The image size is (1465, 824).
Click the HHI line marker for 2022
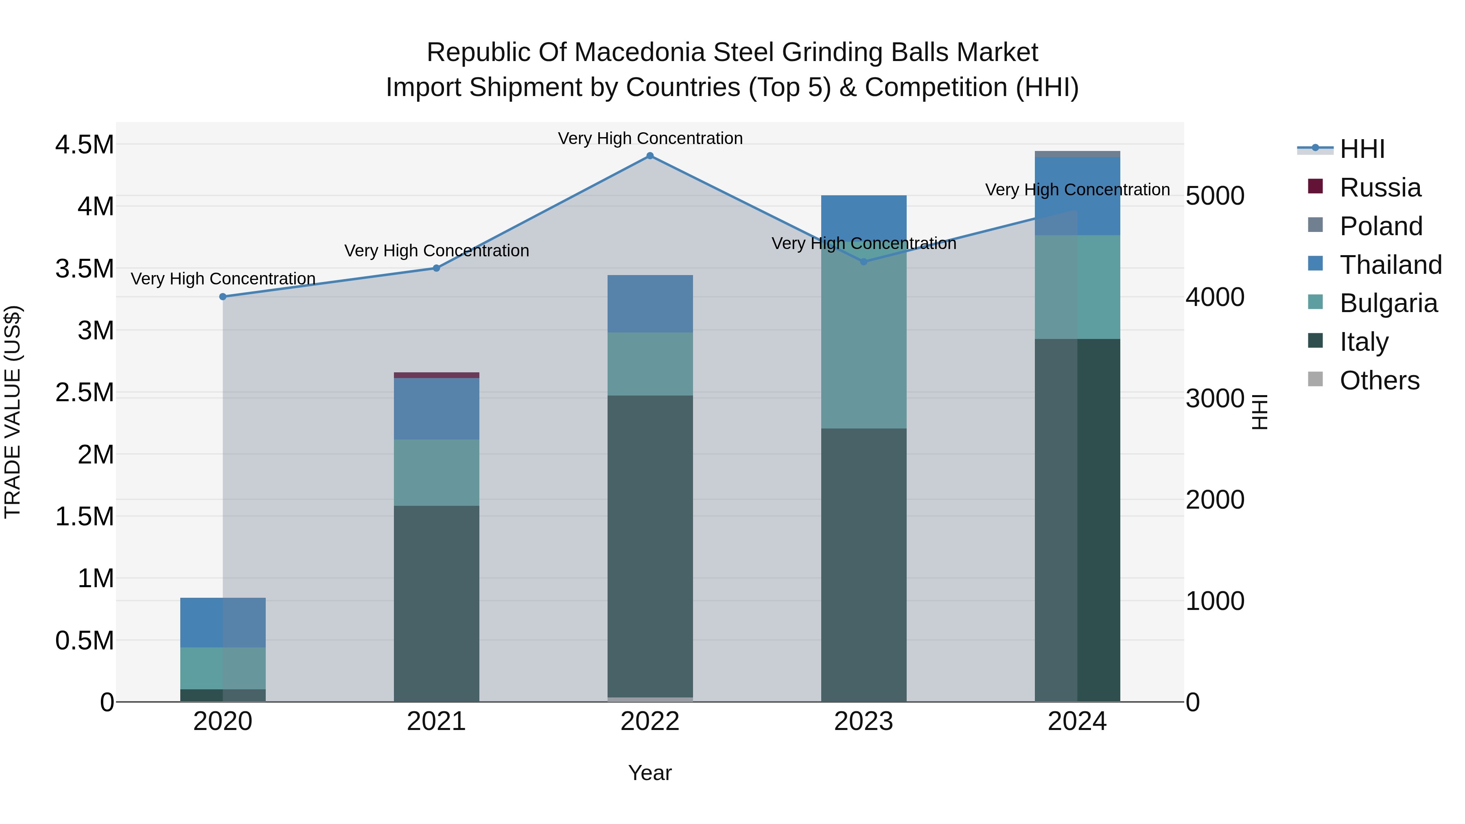650,156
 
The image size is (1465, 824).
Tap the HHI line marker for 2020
223,297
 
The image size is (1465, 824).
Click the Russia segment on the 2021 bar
436,375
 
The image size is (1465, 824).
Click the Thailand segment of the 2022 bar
650,304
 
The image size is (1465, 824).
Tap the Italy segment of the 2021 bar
436,603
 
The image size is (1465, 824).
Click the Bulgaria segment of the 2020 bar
223,668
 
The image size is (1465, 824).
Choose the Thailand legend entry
1390,265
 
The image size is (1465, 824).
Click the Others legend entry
1379,380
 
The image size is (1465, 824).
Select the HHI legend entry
1362,149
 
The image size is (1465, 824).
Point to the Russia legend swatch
1315,186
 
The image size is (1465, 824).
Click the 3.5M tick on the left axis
84,269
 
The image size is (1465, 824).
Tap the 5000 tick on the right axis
1215,196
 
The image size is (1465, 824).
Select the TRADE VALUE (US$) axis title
13,412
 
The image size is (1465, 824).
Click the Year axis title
649,773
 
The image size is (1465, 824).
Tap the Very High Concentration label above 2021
436,251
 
